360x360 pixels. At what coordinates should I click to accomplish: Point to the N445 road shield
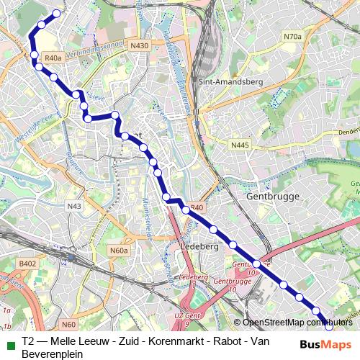[240, 145]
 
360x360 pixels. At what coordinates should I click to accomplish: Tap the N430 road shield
[140, 45]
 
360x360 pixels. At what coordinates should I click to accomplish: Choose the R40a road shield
[53, 58]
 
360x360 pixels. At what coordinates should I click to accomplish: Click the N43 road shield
[74, 207]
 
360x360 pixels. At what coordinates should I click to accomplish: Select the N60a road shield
[119, 251]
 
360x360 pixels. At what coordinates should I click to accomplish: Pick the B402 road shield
[27, 264]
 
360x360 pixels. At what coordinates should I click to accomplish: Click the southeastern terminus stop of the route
[329, 325]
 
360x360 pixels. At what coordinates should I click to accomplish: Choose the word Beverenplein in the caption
[53, 354]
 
